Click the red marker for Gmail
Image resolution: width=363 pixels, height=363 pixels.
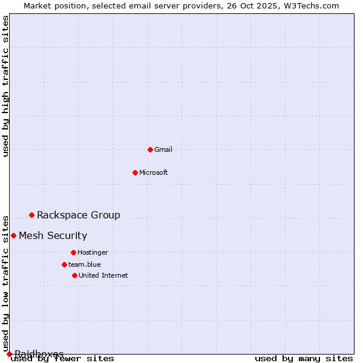tap(150, 149)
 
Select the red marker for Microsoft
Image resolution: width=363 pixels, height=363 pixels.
tap(135, 172)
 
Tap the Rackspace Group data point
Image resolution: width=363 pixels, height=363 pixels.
tap(31, 215)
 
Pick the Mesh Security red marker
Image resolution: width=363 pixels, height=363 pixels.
tap(13, 235)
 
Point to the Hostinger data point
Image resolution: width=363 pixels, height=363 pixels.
tap(73, 252)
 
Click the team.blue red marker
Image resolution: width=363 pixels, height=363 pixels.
tap(64, 264)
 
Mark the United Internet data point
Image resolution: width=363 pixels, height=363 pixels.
tap(74, 275)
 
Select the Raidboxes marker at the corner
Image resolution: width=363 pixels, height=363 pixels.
tap(9, 354)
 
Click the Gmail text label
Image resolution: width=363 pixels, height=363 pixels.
tap(163, 149)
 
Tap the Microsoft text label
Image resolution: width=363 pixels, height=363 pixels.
tap(154, 172)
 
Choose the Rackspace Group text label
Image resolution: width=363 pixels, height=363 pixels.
tap(79, 215)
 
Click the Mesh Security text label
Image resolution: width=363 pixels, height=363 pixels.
tap(53, 235)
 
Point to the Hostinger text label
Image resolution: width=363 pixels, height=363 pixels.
tap(93, 252)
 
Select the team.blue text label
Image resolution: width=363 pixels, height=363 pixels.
tap(85, 264)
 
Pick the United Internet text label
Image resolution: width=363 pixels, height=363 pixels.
tap(103, 275)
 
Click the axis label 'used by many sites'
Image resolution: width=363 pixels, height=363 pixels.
tap(304, 358)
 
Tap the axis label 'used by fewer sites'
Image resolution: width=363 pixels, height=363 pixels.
tap(63, 358)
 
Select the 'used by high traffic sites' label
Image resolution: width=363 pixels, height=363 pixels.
tap(6, 86)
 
